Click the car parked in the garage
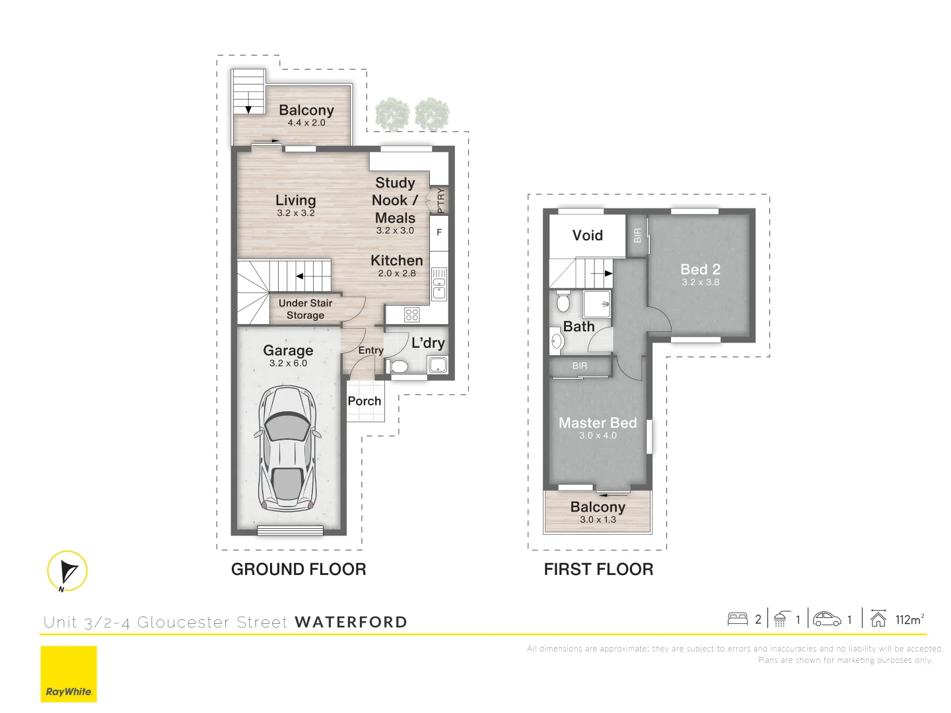[x=289, y=449]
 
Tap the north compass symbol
[x=67, y=571]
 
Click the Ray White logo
[x=69, y=674]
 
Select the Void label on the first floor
[x=587, y=236]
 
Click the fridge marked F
[x=439, y=233]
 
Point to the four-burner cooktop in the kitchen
[x=411, y=314]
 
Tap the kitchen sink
[x=439, y=285]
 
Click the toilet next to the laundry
[x=400, y=366]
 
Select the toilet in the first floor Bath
[x=563, y=302]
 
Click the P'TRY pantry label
[x=440, y=200]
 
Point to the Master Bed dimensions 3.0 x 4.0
[x=598, y=436]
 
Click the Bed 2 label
[x=700, y=269]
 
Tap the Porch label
[x=365, y=401]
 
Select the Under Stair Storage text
[x=305, y=309]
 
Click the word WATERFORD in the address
[x=351, y=623]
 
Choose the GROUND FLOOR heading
[x=299, y=570]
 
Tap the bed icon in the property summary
[x=737, y=619]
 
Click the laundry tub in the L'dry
[x=437, y=364]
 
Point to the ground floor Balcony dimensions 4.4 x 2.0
[x=306, y=123]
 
